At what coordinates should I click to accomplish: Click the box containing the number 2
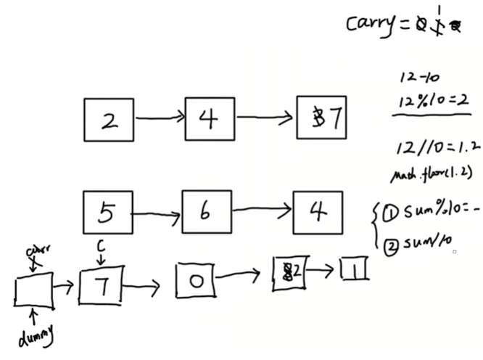pos(109,120)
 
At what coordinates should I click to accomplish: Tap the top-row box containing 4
pos(210,118)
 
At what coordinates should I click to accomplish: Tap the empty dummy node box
pos(34,290)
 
